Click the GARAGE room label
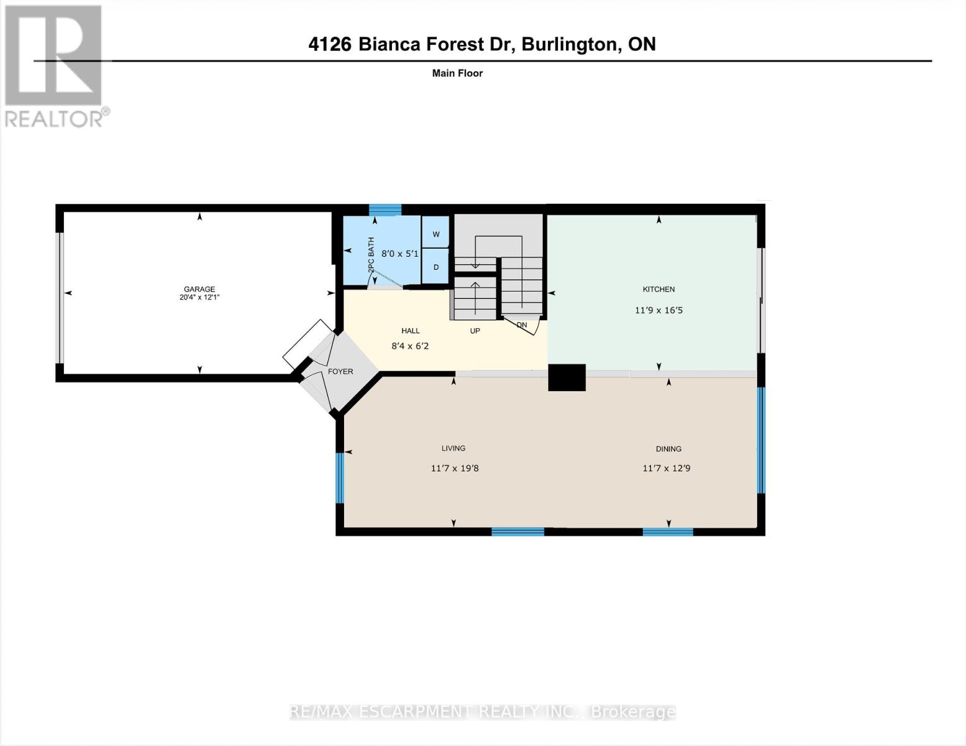pos(199,289)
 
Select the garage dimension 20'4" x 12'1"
pos(199,298)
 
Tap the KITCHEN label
pos(658,289)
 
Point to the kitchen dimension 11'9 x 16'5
pos(658,310)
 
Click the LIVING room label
pos(453,448)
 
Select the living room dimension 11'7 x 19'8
pos(455,468)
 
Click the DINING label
pos(668,449)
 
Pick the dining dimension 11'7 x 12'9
pos(667,468)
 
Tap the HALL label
pos(410,331)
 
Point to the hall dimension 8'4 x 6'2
pos(410,346)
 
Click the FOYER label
pos(340,372)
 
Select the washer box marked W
pos(435,234)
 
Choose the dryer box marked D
pos(435,267)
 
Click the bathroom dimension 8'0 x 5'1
pos(399,254)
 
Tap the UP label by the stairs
pos(475,331)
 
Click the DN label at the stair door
pos(522,325)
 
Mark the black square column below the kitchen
pos(567,377)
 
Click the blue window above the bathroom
pos(385,210)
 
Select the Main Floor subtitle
pos(457,73)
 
